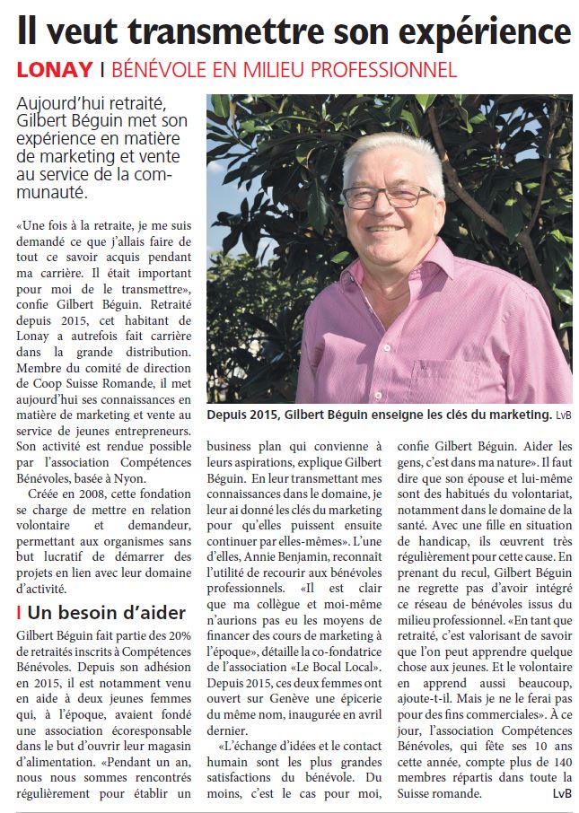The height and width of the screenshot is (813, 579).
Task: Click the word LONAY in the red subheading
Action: pos(55,69)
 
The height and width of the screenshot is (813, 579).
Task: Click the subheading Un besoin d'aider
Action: pos(106,614)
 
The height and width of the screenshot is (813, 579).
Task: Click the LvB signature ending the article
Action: pos(561,794)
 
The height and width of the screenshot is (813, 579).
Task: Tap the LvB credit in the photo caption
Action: pos(563,415)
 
